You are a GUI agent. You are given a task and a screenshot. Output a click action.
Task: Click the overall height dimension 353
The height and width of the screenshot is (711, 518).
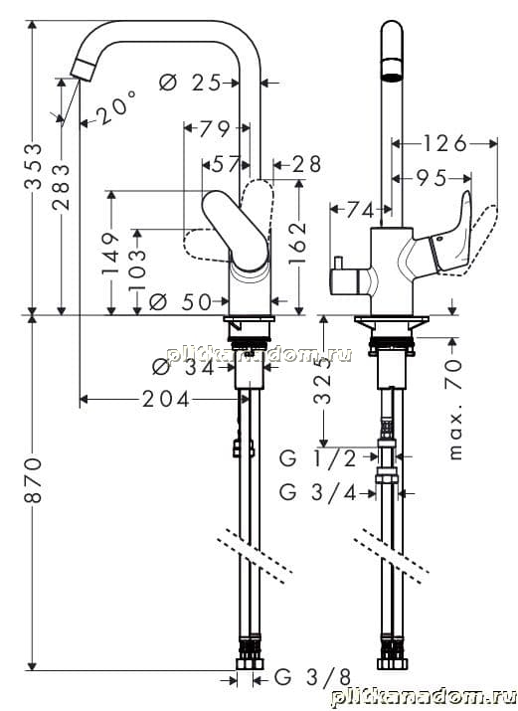tap(34, 166)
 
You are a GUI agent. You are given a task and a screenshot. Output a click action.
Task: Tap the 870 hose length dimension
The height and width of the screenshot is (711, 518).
tap(34, 480)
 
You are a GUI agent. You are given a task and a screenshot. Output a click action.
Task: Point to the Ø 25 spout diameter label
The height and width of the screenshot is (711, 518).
tap(190, 83)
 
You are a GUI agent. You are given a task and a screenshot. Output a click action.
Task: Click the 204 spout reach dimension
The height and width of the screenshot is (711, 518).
tap(165, 400)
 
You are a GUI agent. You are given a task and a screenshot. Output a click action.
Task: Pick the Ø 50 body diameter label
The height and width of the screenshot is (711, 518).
tap(180, 301)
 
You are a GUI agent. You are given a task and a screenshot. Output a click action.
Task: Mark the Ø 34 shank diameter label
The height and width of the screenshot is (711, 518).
tap(183, 367)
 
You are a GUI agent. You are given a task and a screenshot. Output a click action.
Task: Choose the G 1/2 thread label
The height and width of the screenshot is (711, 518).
tap(318, 458)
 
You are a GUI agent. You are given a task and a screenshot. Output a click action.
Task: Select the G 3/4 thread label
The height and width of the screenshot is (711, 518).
tap(318, 492)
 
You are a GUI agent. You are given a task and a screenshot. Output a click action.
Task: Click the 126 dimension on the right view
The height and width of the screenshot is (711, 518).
tap(444, 144)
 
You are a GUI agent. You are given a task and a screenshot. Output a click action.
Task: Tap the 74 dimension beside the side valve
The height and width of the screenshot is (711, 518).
tap(360, 210)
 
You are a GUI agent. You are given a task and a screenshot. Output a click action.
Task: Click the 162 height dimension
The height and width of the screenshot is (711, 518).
tap(297, 244)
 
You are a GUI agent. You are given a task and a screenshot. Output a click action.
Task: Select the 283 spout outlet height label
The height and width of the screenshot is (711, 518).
tap(62, 187)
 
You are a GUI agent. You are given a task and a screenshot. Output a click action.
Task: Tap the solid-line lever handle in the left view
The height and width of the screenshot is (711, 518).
tap(235, 232)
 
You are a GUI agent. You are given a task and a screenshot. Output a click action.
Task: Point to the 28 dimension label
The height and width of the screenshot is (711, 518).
tap(306, 165)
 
